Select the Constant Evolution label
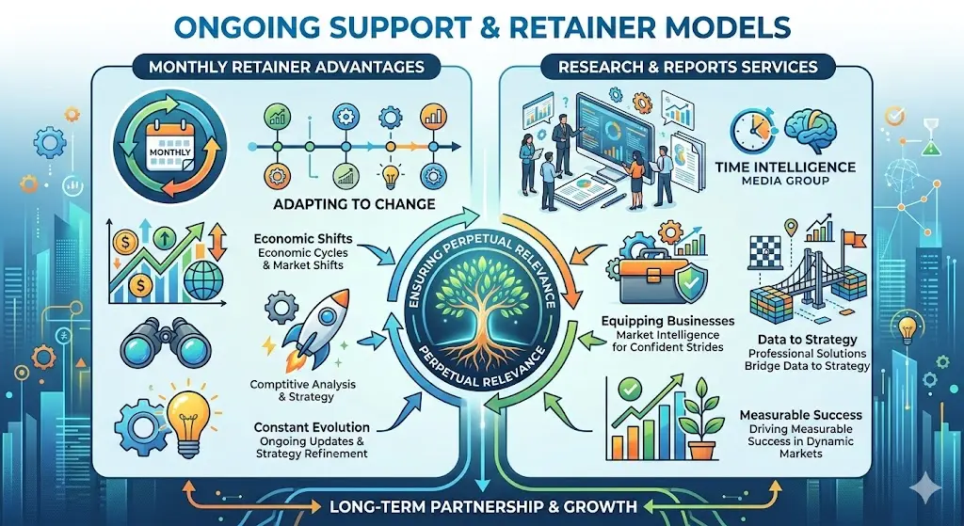tap(311, 428)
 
